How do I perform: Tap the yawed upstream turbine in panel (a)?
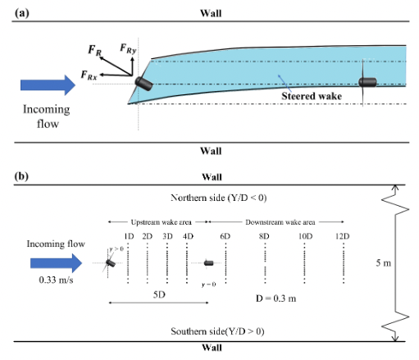pyautogui.click(x=143, y=84)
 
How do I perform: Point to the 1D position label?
pyautogui.click(x=129, y=237)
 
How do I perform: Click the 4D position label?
pyautogui.click(x=188, y=237)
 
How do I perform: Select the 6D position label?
pyautogui.click(x=225, y=237)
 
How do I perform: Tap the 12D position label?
pyautogui.click(x=343, y=237)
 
